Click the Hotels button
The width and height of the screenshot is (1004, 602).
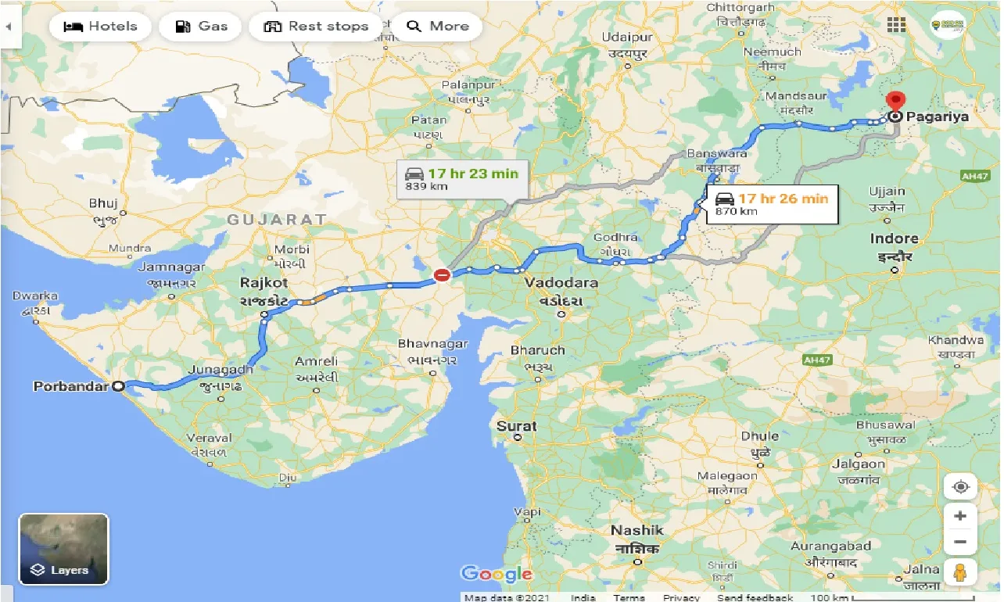coord(99,27)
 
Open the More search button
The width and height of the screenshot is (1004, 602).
coord(438,27)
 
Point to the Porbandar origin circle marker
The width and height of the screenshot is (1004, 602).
coord(118,385)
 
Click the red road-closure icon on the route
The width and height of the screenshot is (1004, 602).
coord(442,274)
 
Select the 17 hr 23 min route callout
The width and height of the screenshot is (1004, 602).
coord(462,179)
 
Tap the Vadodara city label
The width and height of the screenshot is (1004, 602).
coord(561,283)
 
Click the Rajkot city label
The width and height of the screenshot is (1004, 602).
coord(264,283)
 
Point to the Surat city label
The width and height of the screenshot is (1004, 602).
coord(517,426)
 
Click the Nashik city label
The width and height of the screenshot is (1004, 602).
coord(637,531)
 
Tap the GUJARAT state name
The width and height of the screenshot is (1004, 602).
coord(276,220)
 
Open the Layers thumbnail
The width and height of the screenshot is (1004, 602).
coord(63,549)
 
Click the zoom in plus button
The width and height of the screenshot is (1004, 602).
coord(960,516)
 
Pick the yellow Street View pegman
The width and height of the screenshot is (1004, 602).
coord(960,572)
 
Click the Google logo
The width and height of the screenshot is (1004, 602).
coord(497,574)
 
